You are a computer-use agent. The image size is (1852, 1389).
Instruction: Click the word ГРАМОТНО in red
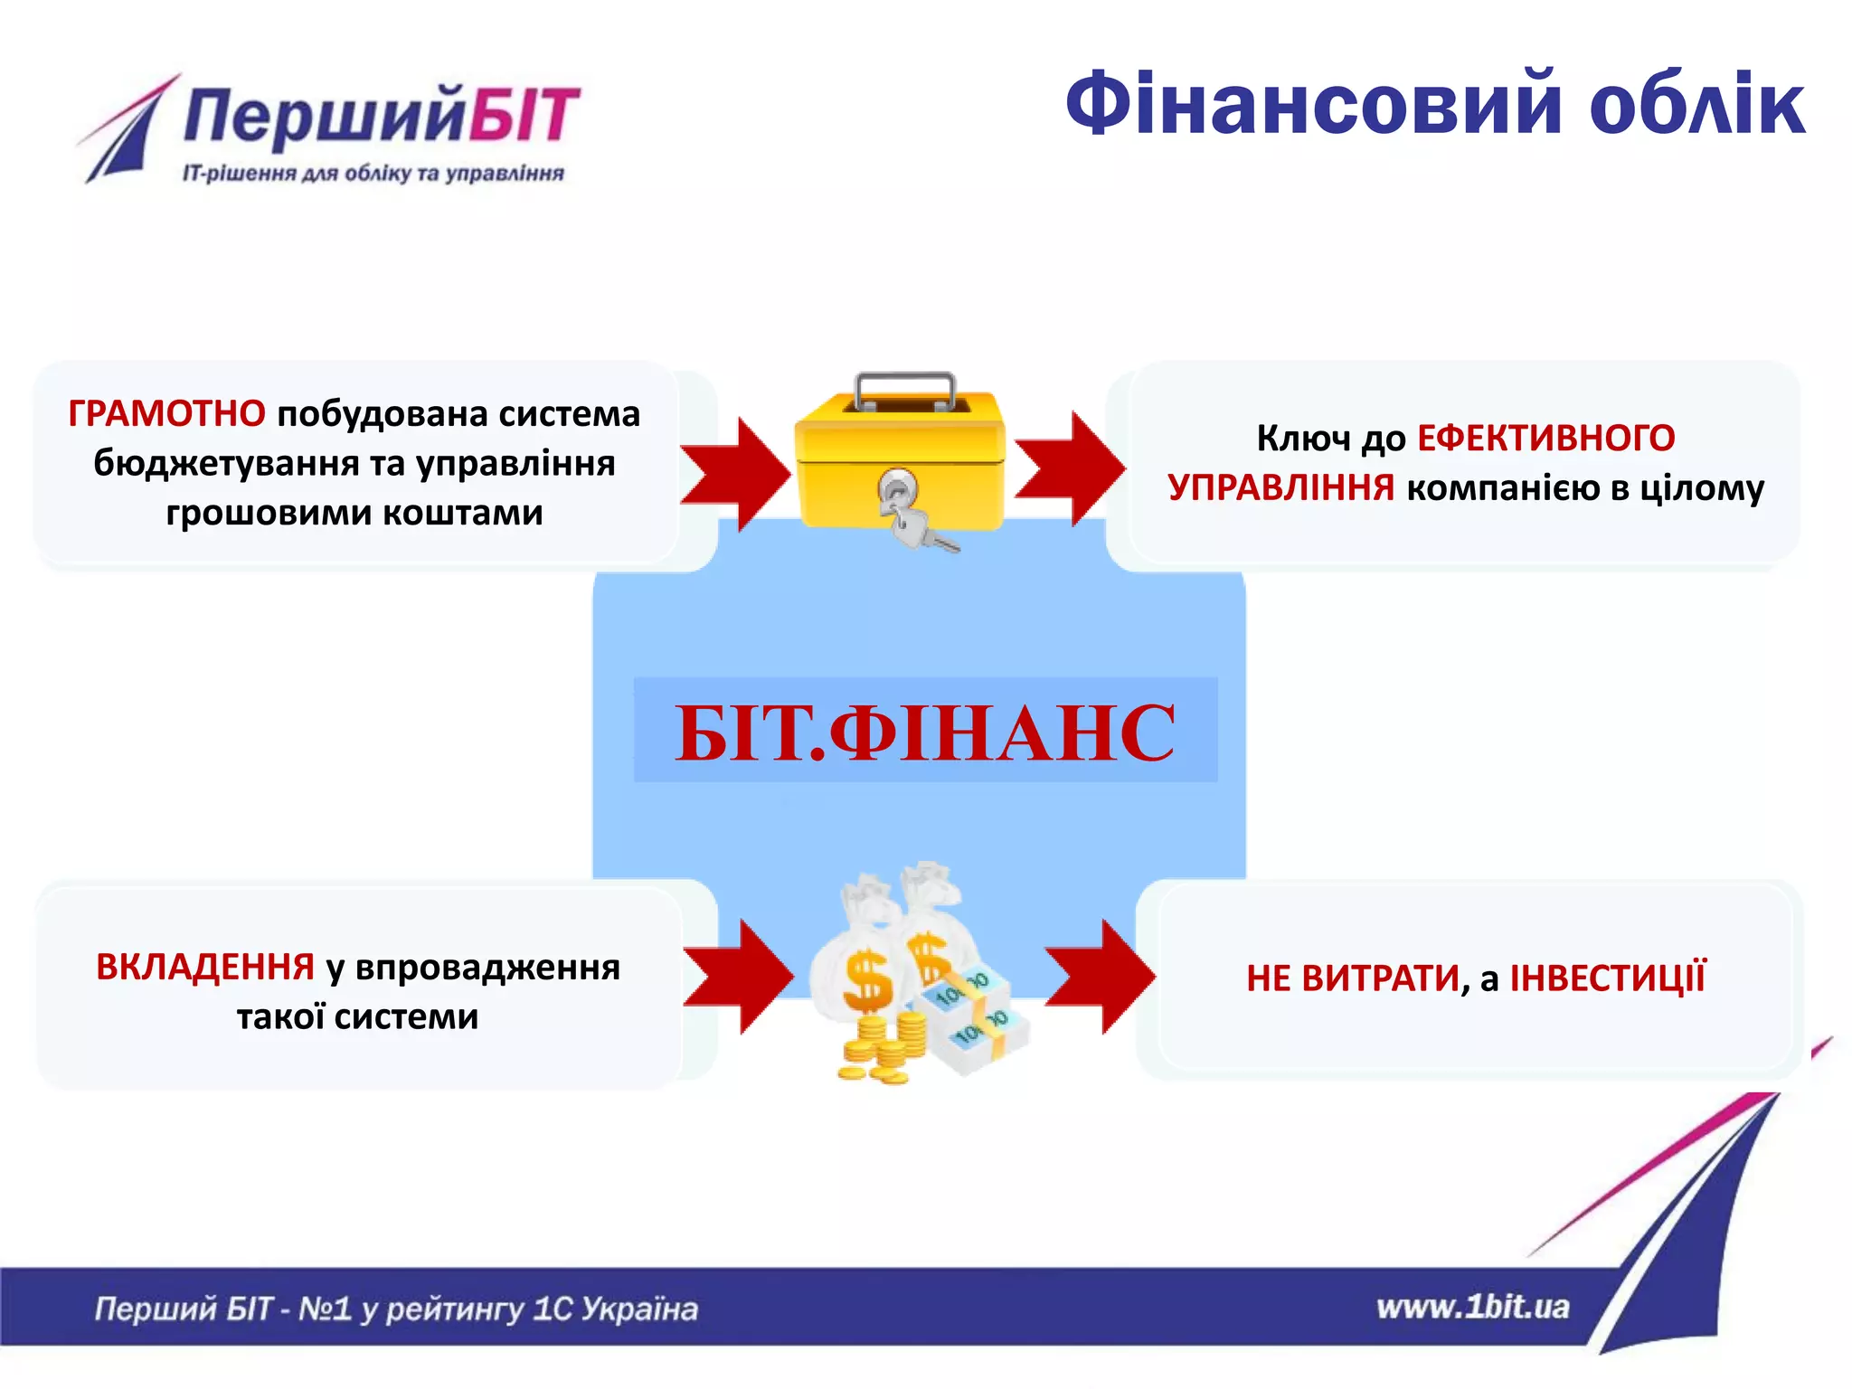pos(166,414)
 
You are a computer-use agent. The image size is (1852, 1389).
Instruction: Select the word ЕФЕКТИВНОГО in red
pos(1545,439)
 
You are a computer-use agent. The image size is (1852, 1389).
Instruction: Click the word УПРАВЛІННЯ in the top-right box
pos(1280,488)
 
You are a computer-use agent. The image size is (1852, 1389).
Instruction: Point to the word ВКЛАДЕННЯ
pos(205,968)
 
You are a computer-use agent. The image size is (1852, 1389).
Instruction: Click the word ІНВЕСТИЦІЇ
pos(1607,978)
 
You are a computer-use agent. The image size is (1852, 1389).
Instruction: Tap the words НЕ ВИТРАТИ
pos(1352,978)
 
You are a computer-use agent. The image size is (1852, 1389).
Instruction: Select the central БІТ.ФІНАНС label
pos(925,732)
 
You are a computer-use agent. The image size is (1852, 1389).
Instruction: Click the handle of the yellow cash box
pos(904,384)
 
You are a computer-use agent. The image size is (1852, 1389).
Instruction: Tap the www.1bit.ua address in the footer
pos(1472,1308)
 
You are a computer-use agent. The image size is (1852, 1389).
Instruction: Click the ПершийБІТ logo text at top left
pos(380,116)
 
